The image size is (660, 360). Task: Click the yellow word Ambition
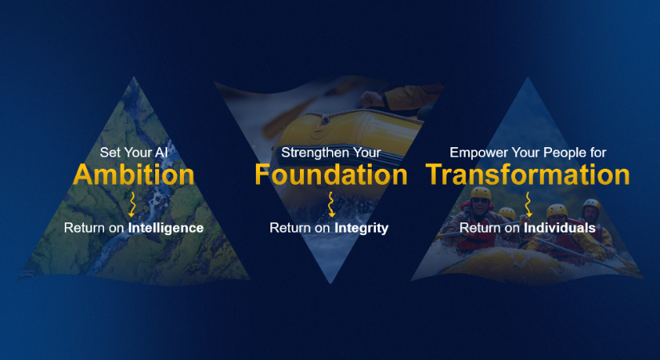point(134,174)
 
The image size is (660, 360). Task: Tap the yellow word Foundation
point(331,174)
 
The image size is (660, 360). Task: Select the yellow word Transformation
point(527,174)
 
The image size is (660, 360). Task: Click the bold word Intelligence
point(166,228)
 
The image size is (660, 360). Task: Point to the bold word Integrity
point(362,228)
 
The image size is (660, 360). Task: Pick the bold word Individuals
point(560,228)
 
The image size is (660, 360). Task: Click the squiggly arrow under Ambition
point(133,205)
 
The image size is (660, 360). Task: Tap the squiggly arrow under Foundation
point(331,205)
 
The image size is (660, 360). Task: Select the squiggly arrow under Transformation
point(528,205)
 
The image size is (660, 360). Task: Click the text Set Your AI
point(134,153)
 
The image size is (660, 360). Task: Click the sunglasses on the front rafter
point(480,201)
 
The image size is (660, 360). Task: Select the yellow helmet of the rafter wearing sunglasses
point(481,194)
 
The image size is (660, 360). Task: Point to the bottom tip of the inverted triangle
point(330,283)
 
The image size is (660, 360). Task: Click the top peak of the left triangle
point(134,77)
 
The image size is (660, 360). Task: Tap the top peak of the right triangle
point(527,77)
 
